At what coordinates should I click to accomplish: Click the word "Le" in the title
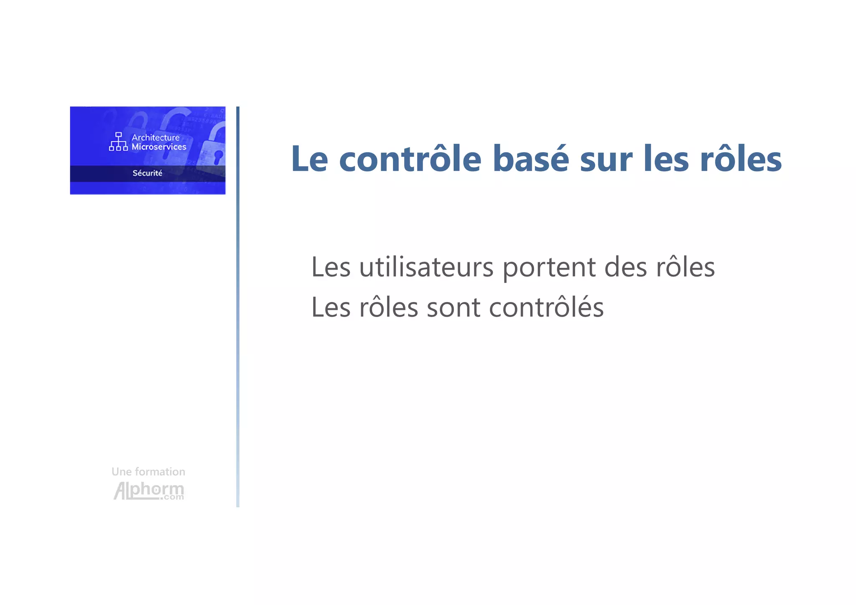(x=309, y=159)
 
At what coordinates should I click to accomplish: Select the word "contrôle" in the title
(x=410, y=159)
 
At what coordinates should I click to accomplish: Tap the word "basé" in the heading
(x=530, y=159)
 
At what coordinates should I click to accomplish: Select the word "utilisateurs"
(x=426, y=267)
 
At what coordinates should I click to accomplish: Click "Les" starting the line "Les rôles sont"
(x=331, y=308)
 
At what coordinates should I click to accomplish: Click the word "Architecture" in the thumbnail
(x=155, y=137)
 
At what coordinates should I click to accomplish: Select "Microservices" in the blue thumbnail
(x=159, y=147)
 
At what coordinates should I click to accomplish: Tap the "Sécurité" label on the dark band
(x=147, y=173)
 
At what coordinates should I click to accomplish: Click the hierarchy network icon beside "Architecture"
(x=118, y=142)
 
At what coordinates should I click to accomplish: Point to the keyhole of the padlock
(x=218, y=157)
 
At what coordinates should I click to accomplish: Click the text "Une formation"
(x=148, y=472)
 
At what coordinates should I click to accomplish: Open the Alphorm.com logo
(x=149, y=491)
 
